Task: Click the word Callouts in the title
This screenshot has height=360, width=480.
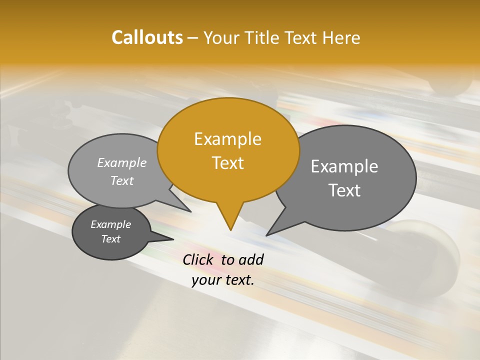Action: pyautogui.click(x=147, y=38)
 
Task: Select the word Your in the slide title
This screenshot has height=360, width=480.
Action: pyautogui.click(x=222, y=38)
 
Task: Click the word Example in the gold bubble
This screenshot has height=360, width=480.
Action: pyautogui.click(x=228, y=139)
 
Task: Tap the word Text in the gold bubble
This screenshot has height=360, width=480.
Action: pyautogui.click(x=228, y=163)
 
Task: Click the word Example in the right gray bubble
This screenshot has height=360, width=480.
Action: pyautogui.click(x=344, y=166)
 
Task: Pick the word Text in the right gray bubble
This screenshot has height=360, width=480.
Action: pyautogui.click(x=344, y=190)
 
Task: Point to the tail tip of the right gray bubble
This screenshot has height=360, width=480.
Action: pyautogui.click(x=267, y=235)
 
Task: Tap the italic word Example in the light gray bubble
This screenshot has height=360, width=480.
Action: pyautogui.click(x=122, y=163)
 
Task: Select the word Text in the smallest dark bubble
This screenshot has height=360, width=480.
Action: pyautogui.click(x=111, y=239)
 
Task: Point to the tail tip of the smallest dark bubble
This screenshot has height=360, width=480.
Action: pyautogui.click(x=173, y=239)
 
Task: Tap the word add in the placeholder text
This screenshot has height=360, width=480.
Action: pyautogui.click(x=251, y=260)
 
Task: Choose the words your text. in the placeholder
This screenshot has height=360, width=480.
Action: pyautogui.click(x=223, y=280)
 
